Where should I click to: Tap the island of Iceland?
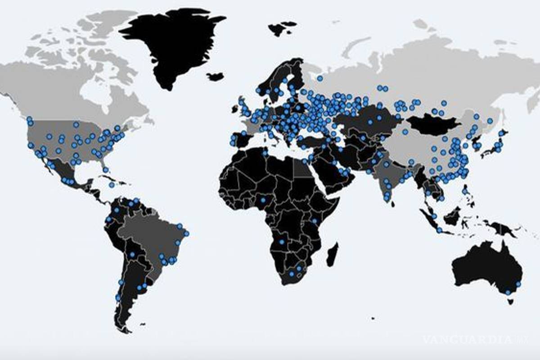(x=216, y=76)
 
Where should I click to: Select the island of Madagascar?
(x=332, y=255)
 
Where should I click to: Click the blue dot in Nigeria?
(x=263, y=199)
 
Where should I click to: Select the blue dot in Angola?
(x=282, y=242)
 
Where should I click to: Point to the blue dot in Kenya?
(x=315, y=220)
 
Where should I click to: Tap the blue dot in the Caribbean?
(x=111, y=184)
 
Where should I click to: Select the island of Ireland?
(x=234, y=109)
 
